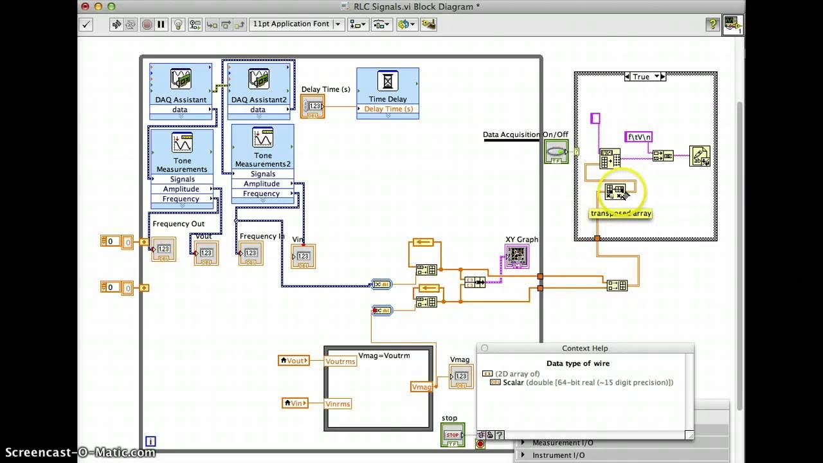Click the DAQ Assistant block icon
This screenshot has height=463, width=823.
(181, 79)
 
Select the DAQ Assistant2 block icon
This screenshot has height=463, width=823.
(258, 79)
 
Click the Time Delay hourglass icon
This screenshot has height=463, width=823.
(388, 82)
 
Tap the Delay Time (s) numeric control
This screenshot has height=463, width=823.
(313, 106)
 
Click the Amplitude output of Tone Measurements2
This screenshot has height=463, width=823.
(262, 184)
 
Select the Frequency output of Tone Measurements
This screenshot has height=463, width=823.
(181, 199)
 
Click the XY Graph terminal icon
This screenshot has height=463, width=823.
(516, 256)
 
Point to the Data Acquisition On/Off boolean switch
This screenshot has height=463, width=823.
(556, 152)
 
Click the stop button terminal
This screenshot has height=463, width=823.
(453, 435)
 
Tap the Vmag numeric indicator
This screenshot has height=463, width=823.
(460, 376)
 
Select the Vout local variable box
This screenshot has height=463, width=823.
(294, 361)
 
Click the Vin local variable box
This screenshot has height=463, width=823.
(295, 403)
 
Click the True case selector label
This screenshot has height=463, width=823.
(641, 77)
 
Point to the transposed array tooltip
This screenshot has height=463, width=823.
(620, 213)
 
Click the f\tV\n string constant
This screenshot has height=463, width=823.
(638, 136)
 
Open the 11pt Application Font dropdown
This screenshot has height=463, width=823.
(296, 24)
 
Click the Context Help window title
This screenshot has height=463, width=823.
(584, 348)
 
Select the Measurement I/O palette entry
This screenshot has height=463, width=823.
(563, 442)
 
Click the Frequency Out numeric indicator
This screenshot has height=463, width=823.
(163, 250)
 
